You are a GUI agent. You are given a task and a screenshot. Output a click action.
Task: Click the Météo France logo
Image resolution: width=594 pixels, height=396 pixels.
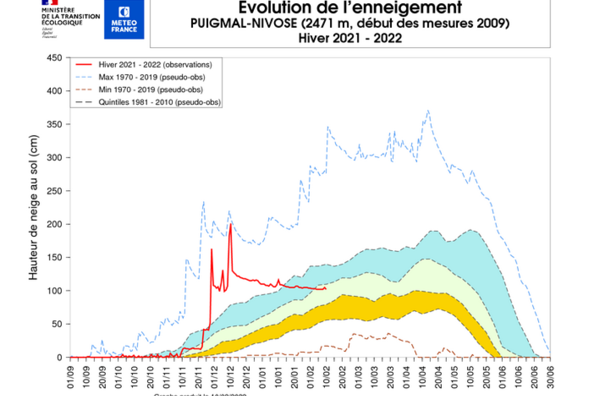(x=124, y=19)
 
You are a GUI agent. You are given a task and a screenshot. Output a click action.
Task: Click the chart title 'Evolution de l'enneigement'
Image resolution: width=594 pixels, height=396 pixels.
(x=350, y=8)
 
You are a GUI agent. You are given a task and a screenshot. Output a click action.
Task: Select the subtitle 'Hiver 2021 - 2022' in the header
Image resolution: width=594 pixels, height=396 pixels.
(x=350, y=38)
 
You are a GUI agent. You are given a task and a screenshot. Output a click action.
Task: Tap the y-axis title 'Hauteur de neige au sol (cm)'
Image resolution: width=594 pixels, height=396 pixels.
(x=33, y=207)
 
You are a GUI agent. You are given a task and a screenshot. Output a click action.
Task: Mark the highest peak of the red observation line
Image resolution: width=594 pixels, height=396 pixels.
(x=230, y=224)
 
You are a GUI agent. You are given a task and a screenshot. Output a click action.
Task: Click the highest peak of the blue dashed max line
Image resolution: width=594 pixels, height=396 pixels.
(x=428, y=110)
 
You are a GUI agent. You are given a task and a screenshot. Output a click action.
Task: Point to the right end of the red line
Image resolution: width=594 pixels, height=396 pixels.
(x=326, y=288)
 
